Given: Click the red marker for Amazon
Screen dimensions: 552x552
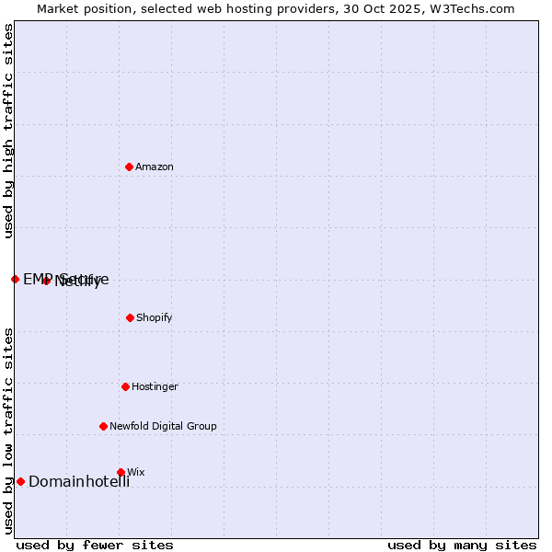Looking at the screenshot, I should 130,167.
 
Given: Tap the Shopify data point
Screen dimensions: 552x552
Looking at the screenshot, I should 130,317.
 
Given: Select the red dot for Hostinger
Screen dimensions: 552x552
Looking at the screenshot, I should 125,386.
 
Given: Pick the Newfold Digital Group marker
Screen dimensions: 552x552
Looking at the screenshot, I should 103,426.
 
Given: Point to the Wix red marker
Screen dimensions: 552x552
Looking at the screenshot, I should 121,472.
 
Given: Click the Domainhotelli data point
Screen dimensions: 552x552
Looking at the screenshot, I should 20,481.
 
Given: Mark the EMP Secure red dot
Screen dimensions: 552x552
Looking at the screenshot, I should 15,279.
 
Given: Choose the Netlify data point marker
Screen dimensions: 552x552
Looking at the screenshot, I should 46,281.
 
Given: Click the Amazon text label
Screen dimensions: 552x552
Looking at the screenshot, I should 155,167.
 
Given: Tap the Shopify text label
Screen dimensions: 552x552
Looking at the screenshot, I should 155,317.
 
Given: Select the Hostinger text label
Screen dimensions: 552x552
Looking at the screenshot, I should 155,386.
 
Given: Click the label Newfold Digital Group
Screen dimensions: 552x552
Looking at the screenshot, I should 163,426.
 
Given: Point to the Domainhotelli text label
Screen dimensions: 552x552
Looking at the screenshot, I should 79,481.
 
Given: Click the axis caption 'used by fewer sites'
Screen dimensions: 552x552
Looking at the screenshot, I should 95,545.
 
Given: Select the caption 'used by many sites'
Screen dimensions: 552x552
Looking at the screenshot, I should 462,545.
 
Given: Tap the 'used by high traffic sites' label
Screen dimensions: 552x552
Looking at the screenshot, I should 8,131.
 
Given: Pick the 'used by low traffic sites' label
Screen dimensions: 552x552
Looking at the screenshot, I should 8,431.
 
